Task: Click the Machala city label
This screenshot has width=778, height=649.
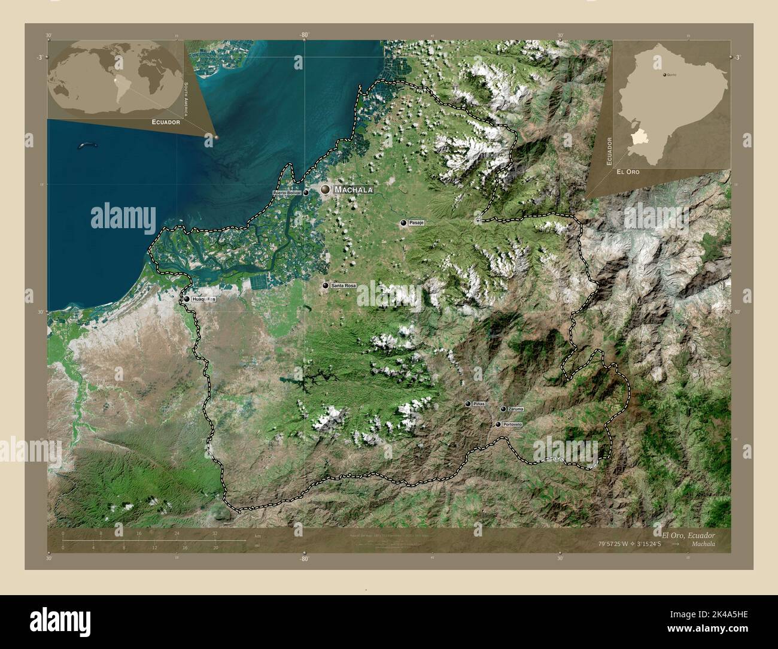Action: (x=354, y=190)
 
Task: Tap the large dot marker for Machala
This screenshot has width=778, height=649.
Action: (x=325, y=189)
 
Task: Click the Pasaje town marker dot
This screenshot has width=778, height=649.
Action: (x=404, y=223)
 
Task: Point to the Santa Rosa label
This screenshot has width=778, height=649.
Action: (x=343, y=286)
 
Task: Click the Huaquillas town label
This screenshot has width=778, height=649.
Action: (x=204, y=299)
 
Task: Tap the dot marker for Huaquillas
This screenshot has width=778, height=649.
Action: (x=187, y=299)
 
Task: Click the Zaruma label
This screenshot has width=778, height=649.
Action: (x=515, y=409)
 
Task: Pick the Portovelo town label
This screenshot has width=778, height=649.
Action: (x=513, y=424)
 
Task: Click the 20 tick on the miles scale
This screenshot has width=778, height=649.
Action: (x=215, y=547)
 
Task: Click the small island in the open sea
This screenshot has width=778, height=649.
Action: (x=87, y=145)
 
